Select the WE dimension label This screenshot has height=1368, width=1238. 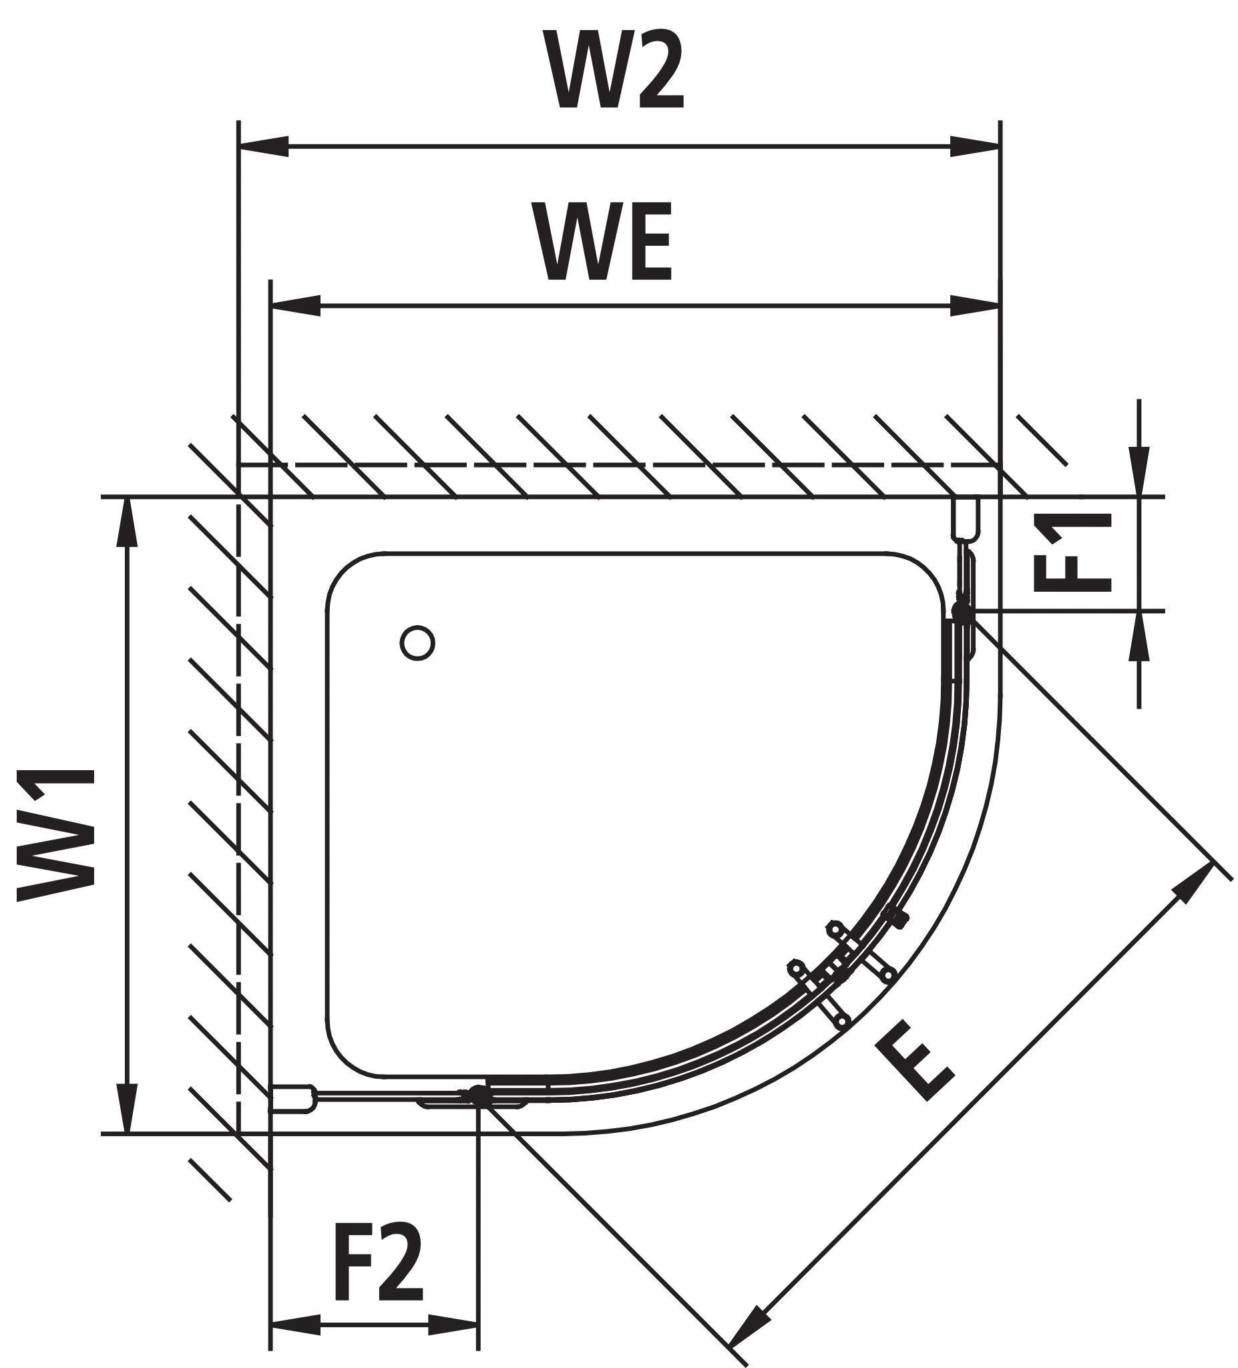(602, 242)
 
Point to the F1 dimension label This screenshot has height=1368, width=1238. (1072, 552)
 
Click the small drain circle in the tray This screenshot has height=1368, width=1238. (417, 642)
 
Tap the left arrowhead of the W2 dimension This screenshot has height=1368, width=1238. (264, 146)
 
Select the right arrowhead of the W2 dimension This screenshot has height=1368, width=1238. (975, 146)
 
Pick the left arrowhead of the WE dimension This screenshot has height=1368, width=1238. (296, 306)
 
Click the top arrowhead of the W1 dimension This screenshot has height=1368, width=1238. (127, 522)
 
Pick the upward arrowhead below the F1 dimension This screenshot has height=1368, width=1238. (1139, 637)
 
